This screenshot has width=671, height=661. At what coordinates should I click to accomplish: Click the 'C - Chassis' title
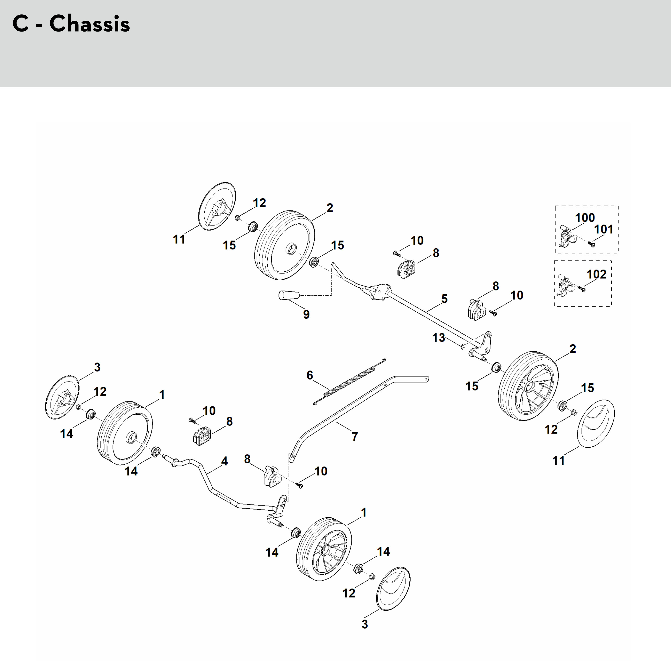pyautogui.click(x=71, y=24)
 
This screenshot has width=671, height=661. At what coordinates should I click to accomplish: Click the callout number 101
pyautogui.click(x=604, y=229)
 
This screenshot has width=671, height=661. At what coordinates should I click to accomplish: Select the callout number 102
pyautogui.click(x=596, y=274)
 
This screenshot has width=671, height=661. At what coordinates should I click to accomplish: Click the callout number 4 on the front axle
pyautogui.click(x=224, y=461)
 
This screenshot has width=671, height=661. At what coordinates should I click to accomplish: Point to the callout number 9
pyautogui.click(x=306, y=314)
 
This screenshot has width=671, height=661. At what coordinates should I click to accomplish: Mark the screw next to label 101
pyautogui.click(x=592, y=244)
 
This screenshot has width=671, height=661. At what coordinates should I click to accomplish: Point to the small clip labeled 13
pyautogui.click(x=463, y=346)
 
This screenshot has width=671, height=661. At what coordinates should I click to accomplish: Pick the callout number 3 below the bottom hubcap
pyautogui.click(x=364, y=624)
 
